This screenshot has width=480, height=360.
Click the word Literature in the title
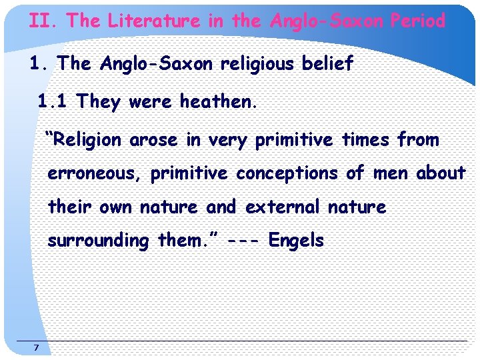click(x=153, y=21)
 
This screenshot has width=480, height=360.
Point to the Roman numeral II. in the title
click(x=44, y=21)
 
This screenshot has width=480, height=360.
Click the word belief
click(x=329, y=64)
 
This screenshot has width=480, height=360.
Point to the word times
click(x=366, y=141)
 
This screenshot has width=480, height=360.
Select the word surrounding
click(x=98, y=241)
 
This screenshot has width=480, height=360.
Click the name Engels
click(x=296, y=241)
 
